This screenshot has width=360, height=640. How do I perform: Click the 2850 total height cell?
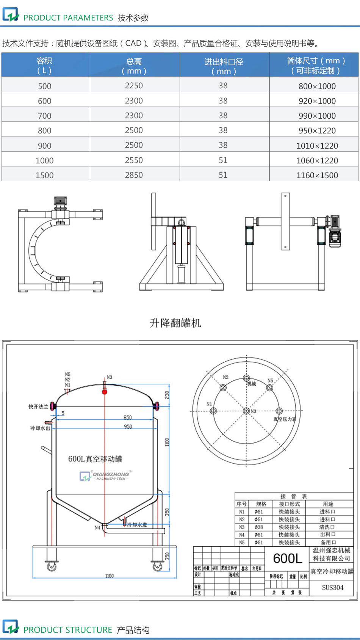pos(134,175)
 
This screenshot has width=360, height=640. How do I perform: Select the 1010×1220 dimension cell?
pos(317,146)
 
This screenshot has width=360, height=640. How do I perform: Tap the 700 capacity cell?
pos(44,116)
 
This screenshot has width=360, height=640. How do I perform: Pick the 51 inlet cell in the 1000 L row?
pos(223,160)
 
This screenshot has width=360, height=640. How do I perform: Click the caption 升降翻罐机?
pos(175,323)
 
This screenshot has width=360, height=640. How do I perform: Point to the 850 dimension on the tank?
pos(127,417)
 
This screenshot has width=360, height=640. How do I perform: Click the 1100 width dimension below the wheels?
pos(109,576)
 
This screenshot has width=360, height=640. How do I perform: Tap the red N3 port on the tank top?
pos(105,391)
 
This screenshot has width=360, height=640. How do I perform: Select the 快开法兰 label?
pos(38,406)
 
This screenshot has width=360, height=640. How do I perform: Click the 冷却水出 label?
pos(40,428)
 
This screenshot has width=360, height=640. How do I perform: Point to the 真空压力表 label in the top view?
pos(285,419)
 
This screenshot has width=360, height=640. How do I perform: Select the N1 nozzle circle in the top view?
pos(213,411)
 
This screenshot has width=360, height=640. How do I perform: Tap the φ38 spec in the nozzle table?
pos(259,527)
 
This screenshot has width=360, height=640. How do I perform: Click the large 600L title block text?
pos(287,558)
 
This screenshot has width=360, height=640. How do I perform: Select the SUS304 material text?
pos(332,587)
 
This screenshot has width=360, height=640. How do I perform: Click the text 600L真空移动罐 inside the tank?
pos(95,459)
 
